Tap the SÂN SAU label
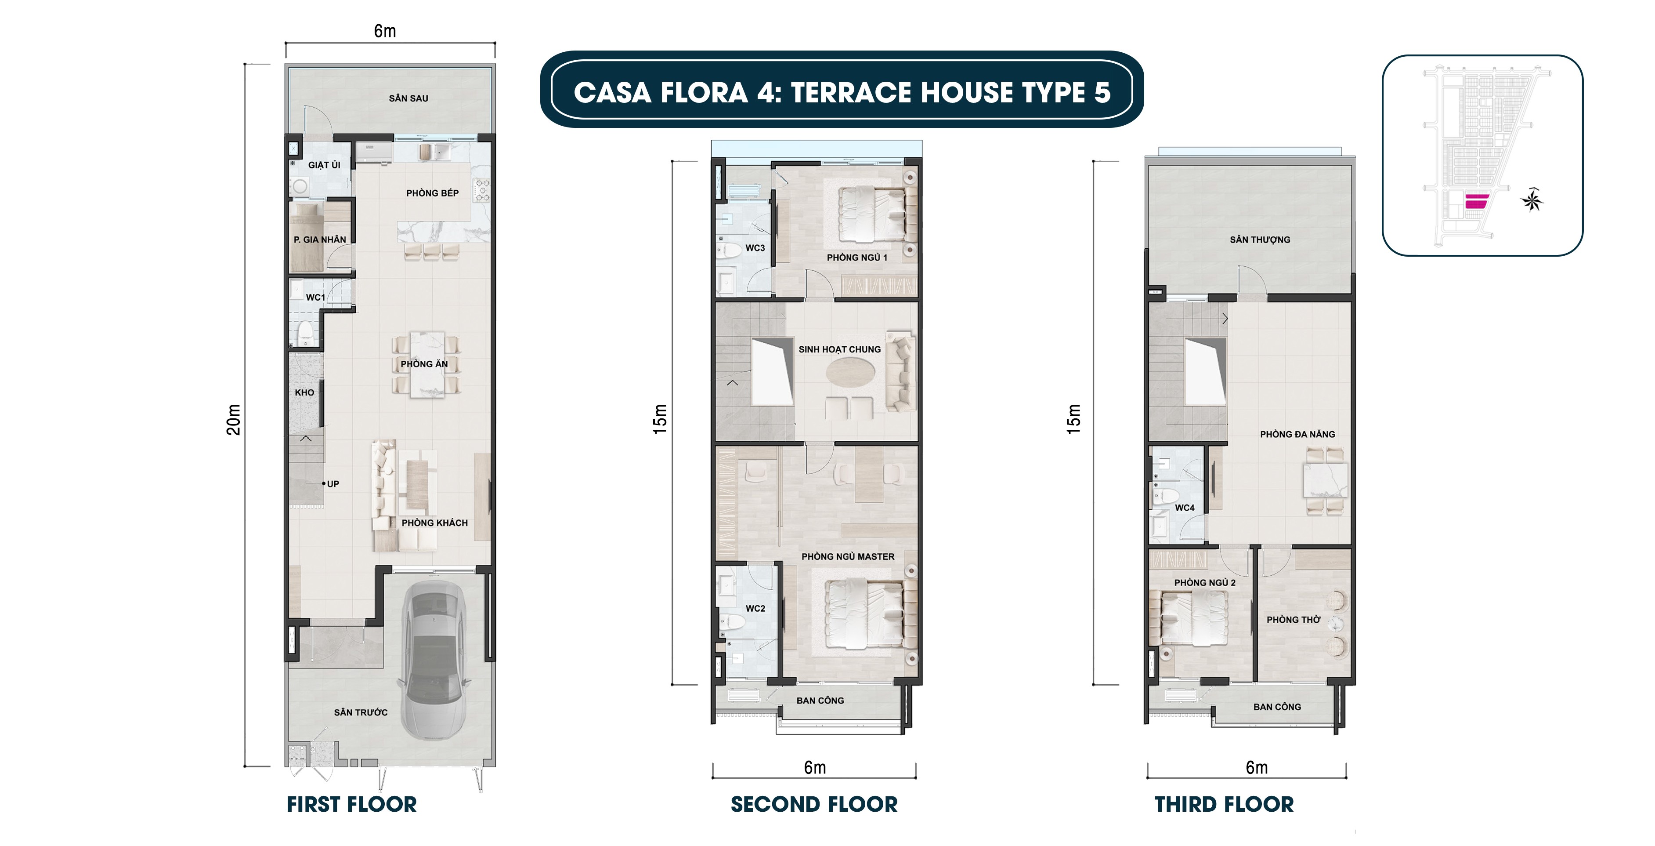tap(408, 98)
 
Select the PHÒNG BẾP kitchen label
tap(432, 193)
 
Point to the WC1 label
tap(315, 298)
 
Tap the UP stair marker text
tap(333, 484)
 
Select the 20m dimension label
tap(234, 420)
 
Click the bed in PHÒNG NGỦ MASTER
tap(865, 614)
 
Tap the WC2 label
tap(755, 608)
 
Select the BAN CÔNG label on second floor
tap(820, 701)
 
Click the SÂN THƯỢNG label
tap(1259, 240)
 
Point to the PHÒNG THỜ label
tap(1293, 620)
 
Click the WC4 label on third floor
tap(1185, 508)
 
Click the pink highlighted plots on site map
tap(1477, 201)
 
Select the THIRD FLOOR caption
tap(1224, 804)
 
